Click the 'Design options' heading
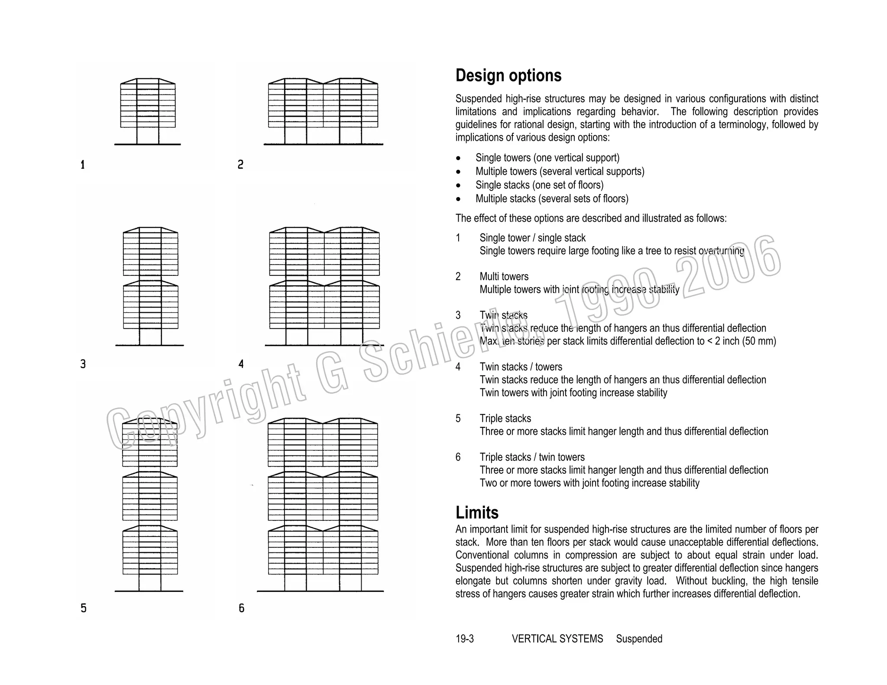(508, 76)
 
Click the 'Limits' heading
(477, 513)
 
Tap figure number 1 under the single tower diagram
(83, 165)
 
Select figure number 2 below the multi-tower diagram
(241, 165)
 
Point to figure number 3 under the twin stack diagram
(83, 364)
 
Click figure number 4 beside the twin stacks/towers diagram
(241, 364)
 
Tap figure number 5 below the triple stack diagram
(84, 608)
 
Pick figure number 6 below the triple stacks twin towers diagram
(242, 608)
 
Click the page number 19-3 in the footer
(464, 639)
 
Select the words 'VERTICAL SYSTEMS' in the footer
(557, 639)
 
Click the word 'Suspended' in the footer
(639, 639)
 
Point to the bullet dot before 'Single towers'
(459, 158)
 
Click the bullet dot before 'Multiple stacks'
(459, 199)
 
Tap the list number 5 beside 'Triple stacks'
(458, 419)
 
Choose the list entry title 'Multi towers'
(504, 277)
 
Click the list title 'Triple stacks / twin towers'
(532, 457)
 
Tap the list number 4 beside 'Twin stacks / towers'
(458, 367)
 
